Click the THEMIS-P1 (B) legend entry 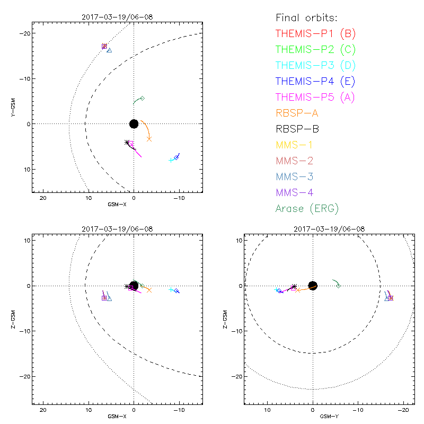pyautogui.click(x=315, y=34)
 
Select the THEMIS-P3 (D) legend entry pyautogui.click(x=315, y=66)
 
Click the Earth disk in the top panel pyautogui.click(x=134, y=123)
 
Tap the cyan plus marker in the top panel pyautogui.click(x=171, y=160)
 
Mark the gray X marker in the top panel pyautogui.click(x=149, y=139)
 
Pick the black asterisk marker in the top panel pyautogui.click(x=127, y=142)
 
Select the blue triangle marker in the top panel pyautogui.click(x=109, y=50)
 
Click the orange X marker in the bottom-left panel pyautogui.click(x=149, y=290)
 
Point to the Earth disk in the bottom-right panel pyautogui.click(x=313, y=286)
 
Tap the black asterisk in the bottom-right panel pyautogui.click(x=294, y=287)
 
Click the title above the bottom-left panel pyautogui.click(x=117, y=229)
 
